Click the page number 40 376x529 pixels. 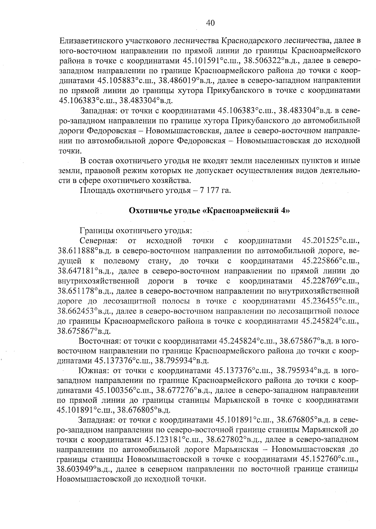coord(210,23)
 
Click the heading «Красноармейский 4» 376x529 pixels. coord(209,210)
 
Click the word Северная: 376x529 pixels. coord(99,241)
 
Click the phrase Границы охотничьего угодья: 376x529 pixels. coord(136,231)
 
